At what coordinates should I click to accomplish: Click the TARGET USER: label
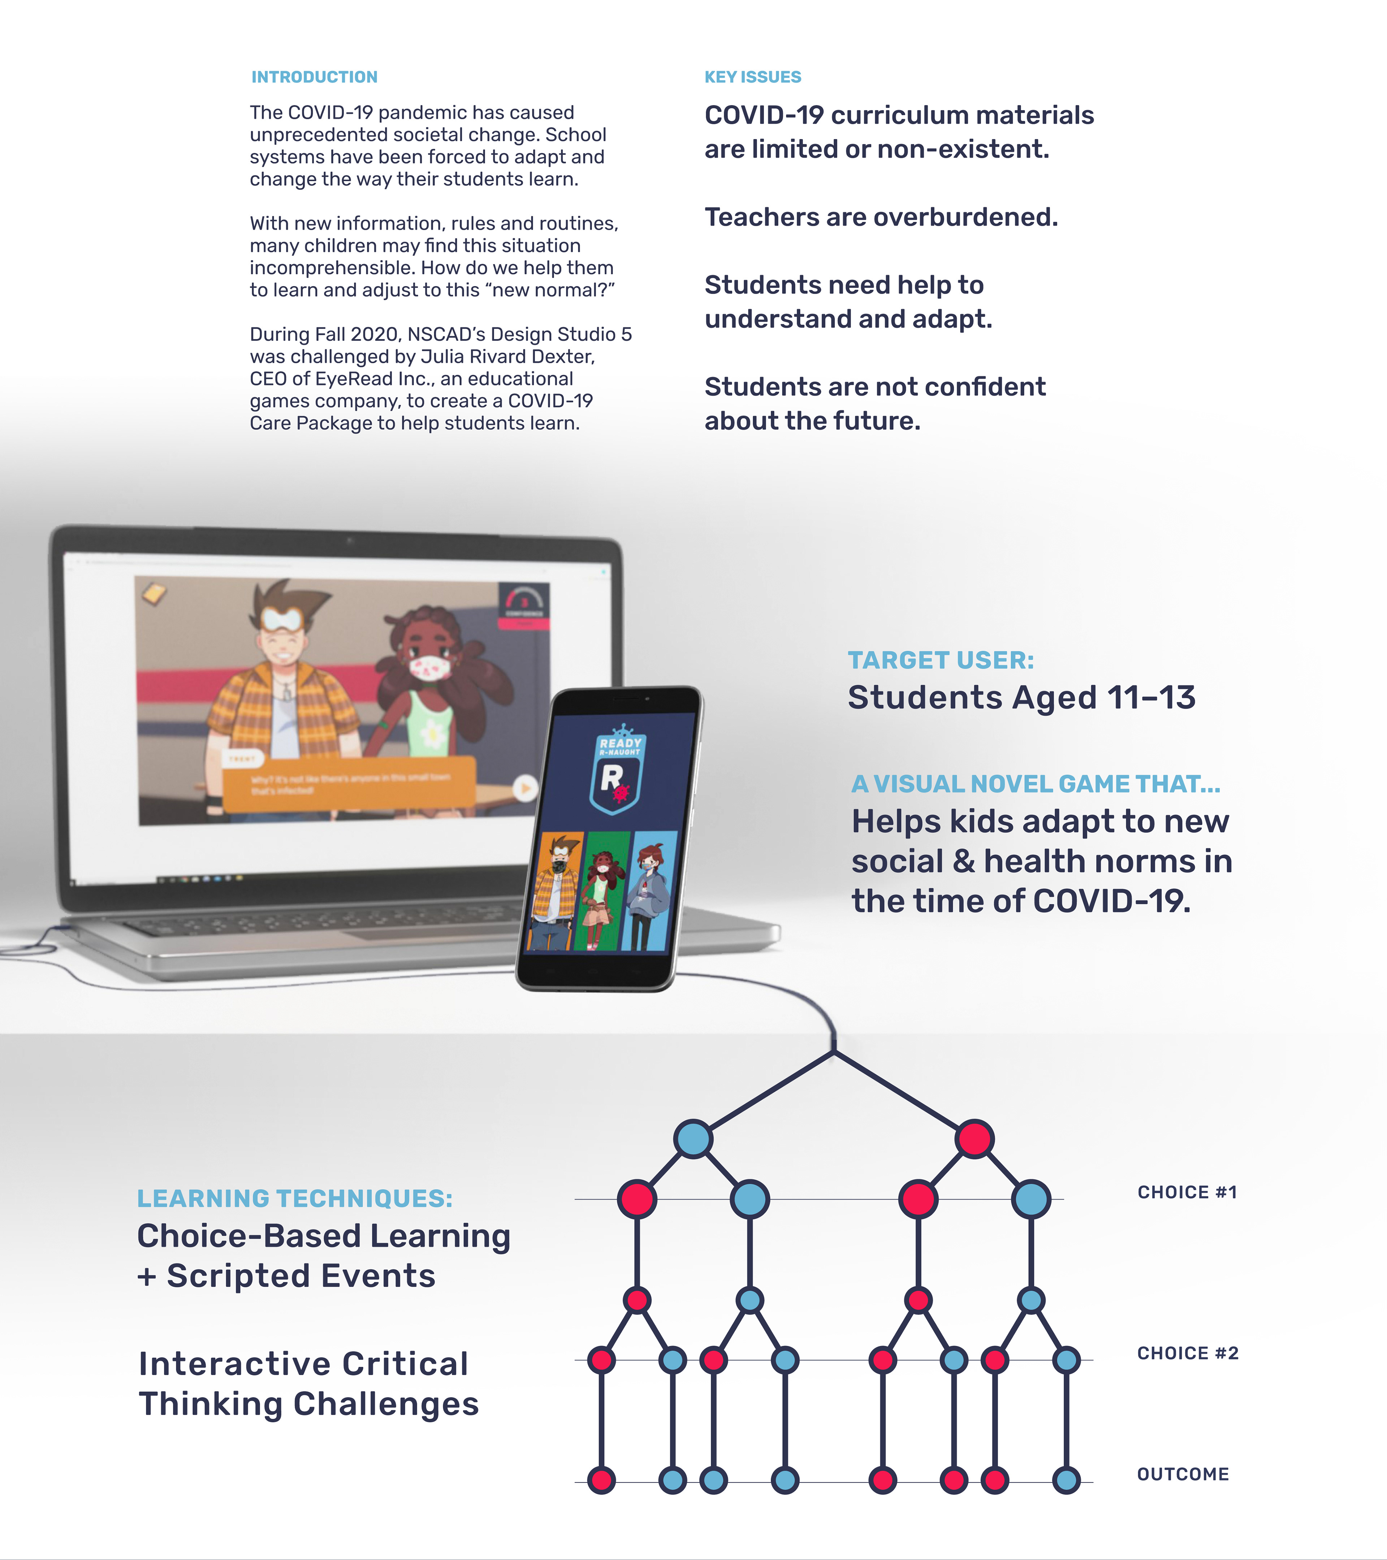pyautogui.click(x=941, y=660)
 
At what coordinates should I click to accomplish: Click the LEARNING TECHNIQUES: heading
pyautogui.click(x=295, y=1198)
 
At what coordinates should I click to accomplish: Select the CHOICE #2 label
pyautogui.click(x=1187, y=1353)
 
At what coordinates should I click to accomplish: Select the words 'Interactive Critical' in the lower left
pyautogui.click(x=303, y=1364)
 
